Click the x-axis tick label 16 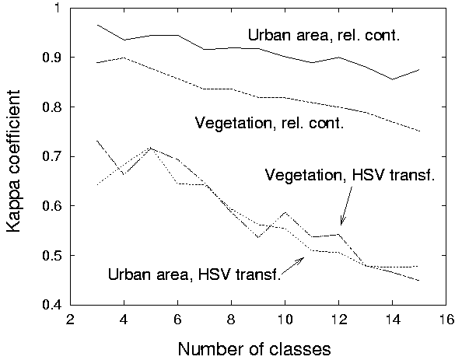(x=446, y=320)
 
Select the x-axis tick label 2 (x=70, y=320)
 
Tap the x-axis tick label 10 (x=285, y=320)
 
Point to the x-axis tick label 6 (x=177, y=320)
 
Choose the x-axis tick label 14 (x=392, y=320)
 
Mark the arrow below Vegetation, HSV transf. (x=345, y=208)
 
